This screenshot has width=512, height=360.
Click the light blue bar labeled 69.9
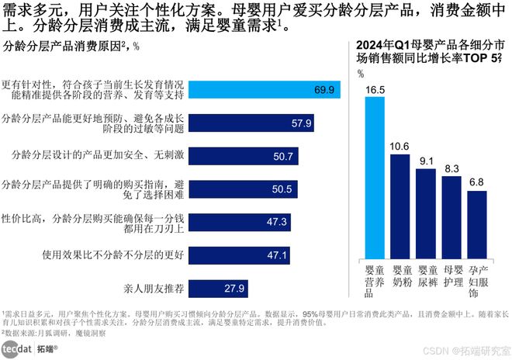click(x=265, y=91)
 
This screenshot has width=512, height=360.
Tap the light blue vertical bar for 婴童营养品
click(x=375, y=178)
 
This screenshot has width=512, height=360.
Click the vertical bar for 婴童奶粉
click(x=400, y=206)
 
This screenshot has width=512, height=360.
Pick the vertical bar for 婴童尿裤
click(x=426, y=213)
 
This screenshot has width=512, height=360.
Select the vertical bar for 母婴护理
click(x=451, y=216)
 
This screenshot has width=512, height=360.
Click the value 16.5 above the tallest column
click(x=375, y=89)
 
